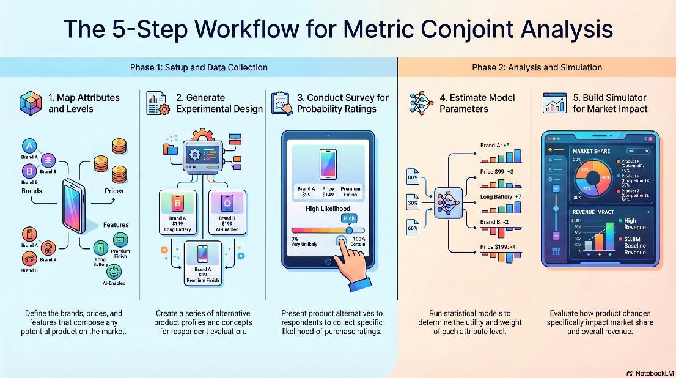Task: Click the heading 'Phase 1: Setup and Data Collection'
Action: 199,67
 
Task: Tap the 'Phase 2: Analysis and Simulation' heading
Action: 537,67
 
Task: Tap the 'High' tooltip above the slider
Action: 349,218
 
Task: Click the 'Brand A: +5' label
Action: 494,146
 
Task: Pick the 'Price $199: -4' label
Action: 498,246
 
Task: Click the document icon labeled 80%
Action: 412,179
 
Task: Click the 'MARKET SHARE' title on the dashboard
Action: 592,150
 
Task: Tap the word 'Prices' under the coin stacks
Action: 114,191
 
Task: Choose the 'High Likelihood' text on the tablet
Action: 328,209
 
